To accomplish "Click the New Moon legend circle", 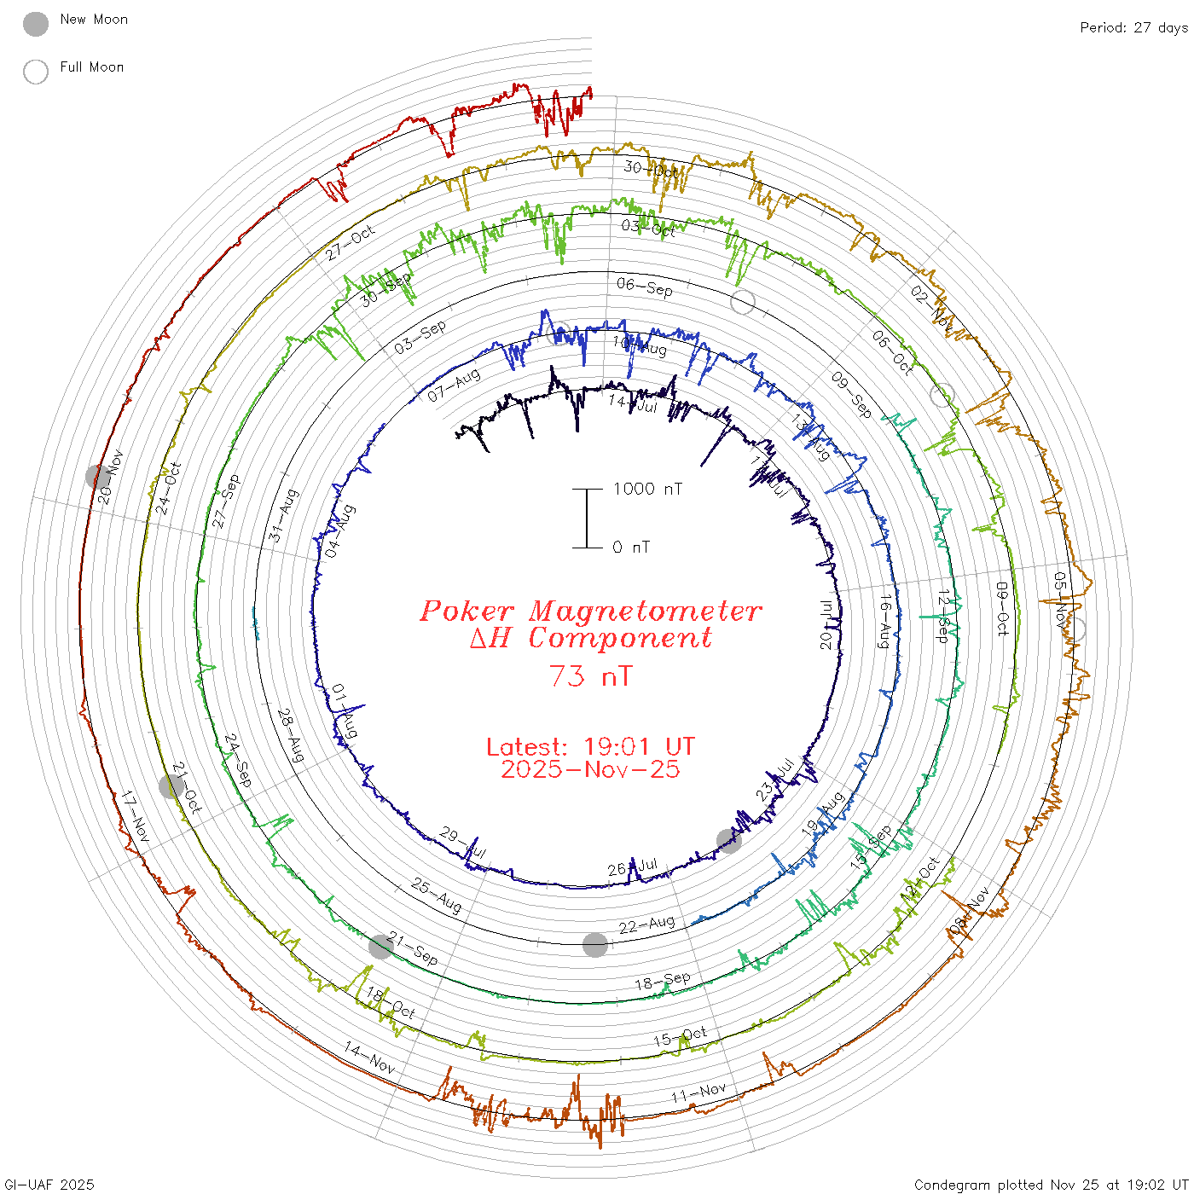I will click(36, 25).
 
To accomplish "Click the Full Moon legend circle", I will click(36, 72).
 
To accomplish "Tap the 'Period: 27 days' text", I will click(1133, 27).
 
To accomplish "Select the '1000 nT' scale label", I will click(647, 489).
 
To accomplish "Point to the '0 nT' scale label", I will click(631, 547).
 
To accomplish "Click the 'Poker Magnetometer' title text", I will click(590, 611).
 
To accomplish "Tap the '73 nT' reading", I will click(590, 676).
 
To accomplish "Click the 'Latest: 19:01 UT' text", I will click(590, 746).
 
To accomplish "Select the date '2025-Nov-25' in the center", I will click(590, 769).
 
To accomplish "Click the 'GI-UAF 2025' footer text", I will click(49, 1184).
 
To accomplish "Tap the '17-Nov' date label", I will click(135, 817).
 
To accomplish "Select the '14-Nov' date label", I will click(369, 1058).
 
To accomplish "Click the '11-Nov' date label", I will click(698, 1092).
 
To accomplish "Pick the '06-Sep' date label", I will click(644, 287).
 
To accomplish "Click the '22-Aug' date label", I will click(646, 924).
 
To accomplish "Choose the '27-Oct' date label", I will click(351, 242).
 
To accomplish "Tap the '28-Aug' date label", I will click(290, 735).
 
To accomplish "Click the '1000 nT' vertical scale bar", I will click(587, 518).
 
